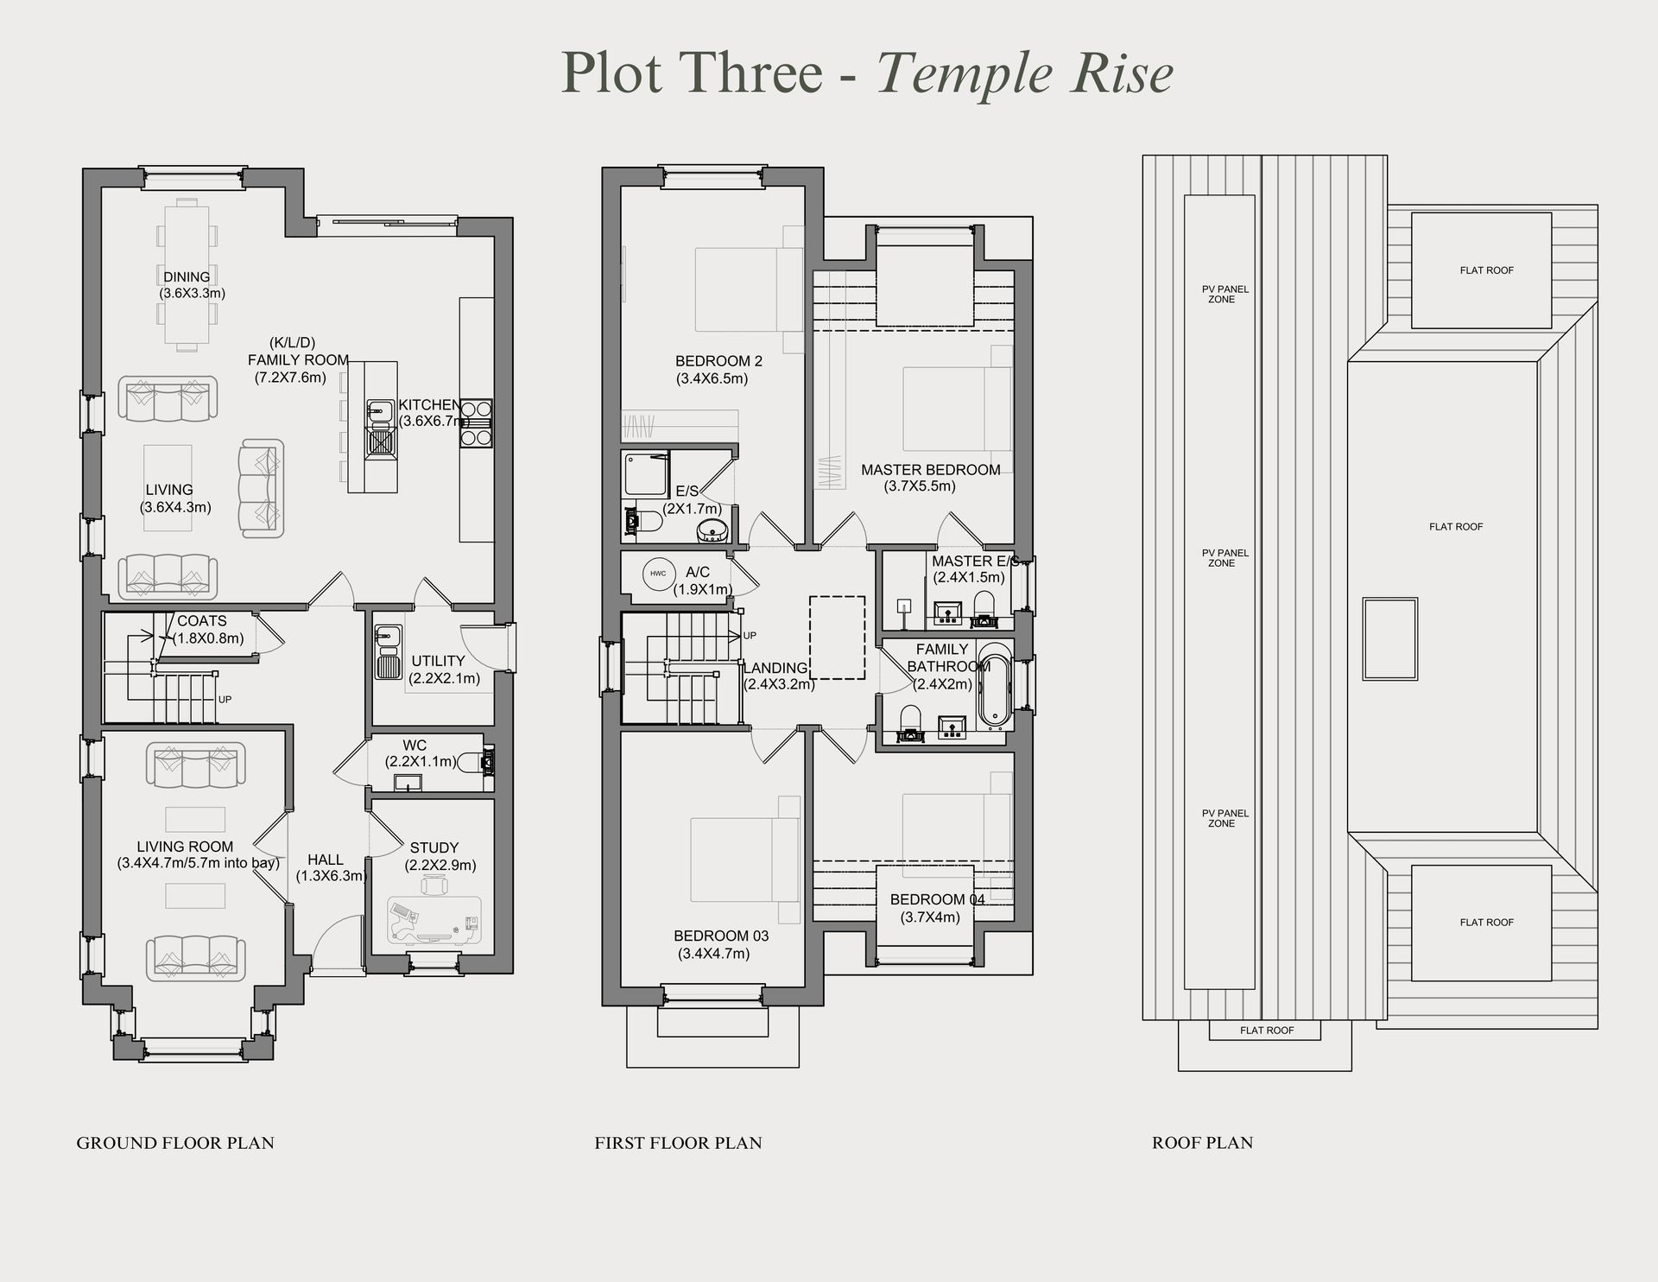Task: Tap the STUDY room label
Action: pos(433,847)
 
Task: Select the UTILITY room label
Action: pos(438,661)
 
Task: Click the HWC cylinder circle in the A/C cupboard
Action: pos(658,574)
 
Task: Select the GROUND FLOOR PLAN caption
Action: pos(175,1143)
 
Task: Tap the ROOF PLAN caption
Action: pos(1202,1143)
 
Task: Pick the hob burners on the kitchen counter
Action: pos(475,423)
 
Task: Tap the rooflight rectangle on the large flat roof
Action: pos(1389,638)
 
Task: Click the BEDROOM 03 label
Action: pos(721,936)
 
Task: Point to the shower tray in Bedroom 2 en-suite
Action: pos(644,474)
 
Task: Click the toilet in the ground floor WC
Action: pos(475,762)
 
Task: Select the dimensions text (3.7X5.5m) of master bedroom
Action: pos(919,486)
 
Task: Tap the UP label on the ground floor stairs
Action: pos(225,700)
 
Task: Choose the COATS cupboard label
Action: pos(202,621)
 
